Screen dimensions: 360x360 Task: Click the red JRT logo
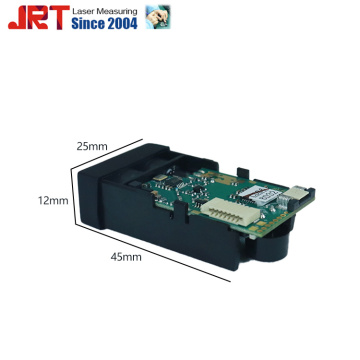coord(39,17)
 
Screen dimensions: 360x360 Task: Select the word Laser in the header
coord(83,11)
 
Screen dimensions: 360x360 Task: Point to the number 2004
coord(122,24)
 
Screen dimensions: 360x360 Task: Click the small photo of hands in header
coord(158,17)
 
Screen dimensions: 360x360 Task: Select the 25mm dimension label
coord(92,146)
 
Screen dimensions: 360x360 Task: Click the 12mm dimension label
coord(53,201)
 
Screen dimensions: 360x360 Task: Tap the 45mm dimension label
coord(126,257)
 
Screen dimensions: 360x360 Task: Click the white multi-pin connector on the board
coord(232,209)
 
